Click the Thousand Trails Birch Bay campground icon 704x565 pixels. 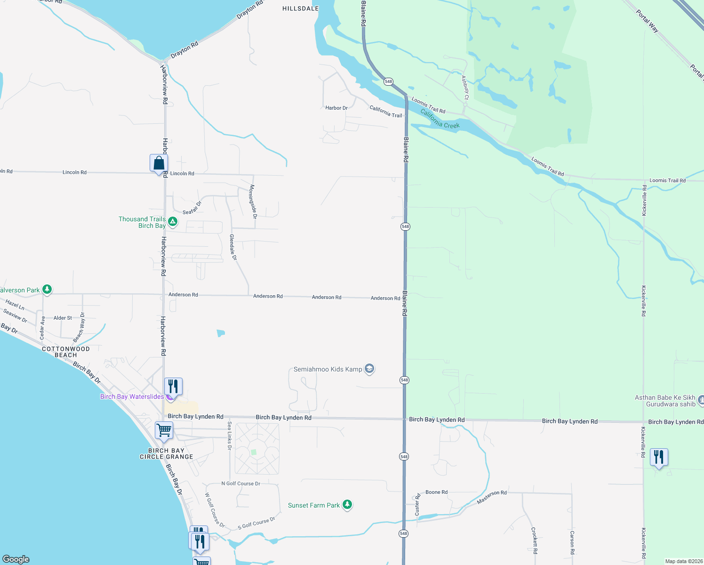[x=173, y=221]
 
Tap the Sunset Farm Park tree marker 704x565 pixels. [x=347, y=505]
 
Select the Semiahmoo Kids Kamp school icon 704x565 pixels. [x=369, y=369]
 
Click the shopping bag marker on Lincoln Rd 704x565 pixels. [x=159, y=164]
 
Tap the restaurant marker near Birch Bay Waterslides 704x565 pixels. [x=173, y=387]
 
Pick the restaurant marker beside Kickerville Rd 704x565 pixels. [x=659, y=457]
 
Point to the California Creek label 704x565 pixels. [x=440, y=119]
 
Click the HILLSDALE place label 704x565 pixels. [x=300, y=8]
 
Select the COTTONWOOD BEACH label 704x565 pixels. [x=66, y=352]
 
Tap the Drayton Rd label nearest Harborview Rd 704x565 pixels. [x=184, y=49]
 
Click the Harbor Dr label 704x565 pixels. [x=336, y=108]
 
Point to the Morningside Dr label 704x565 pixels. [x=253, y=202]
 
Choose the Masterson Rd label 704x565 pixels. [x=492, y=497]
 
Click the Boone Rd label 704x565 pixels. [x=436, y=492]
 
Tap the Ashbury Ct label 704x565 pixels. [x=465, y=88]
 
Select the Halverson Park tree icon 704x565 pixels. [x=47, y=289]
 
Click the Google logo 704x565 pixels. [x=16, y=559]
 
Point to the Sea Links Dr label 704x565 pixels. [x=230, y=436]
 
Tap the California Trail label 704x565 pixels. [x=386, y=112]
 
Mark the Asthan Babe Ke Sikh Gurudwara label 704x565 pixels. [x=664, y=401]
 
